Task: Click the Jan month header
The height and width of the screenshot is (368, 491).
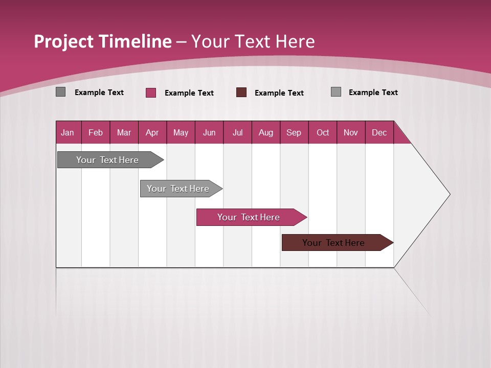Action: [68, 132]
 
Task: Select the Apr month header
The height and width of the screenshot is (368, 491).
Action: [152, 132]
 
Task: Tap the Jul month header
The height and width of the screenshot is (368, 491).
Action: [238, 132]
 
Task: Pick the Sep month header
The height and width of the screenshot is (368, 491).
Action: [294, 132]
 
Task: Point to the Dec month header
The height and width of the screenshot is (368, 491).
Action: [380, 132]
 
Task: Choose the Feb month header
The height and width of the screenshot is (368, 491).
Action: [96, 132]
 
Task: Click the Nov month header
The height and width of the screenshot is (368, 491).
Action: [351, 132]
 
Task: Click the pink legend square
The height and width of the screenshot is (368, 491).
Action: [151, 93]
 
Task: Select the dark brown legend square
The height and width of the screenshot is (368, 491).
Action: [241, 92]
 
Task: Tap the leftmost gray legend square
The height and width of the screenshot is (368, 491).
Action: [61, 92]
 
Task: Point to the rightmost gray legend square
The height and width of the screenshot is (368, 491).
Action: [336, 92]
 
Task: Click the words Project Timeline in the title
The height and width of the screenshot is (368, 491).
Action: [103, 41]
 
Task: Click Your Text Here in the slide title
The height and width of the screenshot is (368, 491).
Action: [253, 41]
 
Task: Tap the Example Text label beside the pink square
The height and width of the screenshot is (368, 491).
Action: [189, 93]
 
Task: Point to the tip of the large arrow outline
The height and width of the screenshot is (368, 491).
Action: [449, 194]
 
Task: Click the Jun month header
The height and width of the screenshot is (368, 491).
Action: [209, 132]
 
